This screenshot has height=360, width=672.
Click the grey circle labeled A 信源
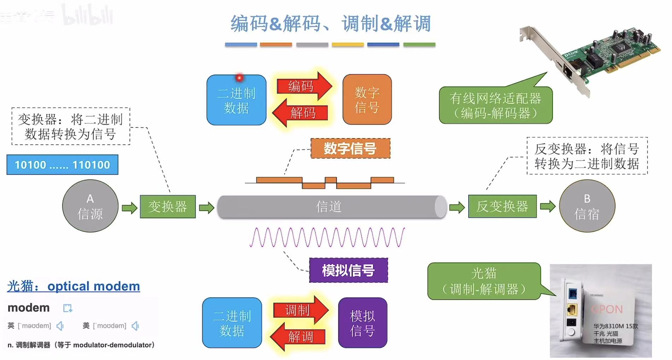pyautogui.click(x=90, y=206)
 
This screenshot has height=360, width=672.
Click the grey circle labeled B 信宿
pyautogui.click(x=587, y=206)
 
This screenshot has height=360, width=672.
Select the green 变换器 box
pyautogui.click(x=168, y=207)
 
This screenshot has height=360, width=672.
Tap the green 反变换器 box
pyautogui.click(x=502, y=206)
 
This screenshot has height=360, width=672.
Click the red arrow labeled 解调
pyautogui.click(x=299, y=337)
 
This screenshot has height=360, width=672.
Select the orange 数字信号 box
pyautogui.click(x=367, y=100)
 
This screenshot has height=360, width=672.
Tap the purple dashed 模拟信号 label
pyautogui.click(x=348, y=271)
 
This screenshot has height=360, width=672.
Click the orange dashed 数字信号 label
pyautogui.click(x=350, y=148)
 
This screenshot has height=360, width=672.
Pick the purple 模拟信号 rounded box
pyautogui.click(x=362, y=323)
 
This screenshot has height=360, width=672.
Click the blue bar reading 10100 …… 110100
pyautogui.click(x=62, y=165)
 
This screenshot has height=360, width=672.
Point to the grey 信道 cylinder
pyautogui.click(x=329, y=207)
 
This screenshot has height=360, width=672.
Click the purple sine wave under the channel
pyautogui.click(x=327, y=237)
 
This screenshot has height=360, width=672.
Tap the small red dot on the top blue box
pyautogui.click(x=240, y=77)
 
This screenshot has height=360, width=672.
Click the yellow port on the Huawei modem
pyautogui.click(x=571, y=310)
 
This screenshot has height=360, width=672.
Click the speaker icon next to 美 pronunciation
pyautogui.click(x=135, y=326)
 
